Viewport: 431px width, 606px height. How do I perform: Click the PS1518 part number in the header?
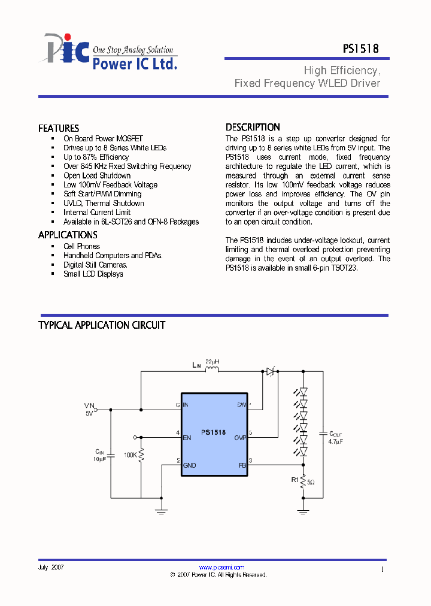tap(360, 50)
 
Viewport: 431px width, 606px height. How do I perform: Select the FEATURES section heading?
tap(59, 128)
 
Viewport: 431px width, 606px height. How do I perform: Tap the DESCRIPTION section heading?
tap(253, 127)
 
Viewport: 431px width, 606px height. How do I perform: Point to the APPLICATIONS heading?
tap(68, 235)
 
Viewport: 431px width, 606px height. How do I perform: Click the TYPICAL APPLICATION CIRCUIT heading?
tap(102, 325)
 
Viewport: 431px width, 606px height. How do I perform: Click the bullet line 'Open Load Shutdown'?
tap(97, 175)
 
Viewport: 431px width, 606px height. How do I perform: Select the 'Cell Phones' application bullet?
tap(81, 246)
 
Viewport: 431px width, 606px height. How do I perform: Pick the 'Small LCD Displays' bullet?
tap(93, 274)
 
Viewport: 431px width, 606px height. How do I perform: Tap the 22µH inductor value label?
tap(212, 362)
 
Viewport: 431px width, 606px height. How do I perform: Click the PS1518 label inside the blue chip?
tap(213, 432)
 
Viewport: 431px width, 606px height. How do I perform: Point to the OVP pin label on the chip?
tap(240, 438)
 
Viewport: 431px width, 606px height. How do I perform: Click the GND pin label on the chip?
tap(190, 465)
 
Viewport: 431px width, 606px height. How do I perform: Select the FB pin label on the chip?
tap(242, 465)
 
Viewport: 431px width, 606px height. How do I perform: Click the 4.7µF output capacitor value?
tap(336, 441)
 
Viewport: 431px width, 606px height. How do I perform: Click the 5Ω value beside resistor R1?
tap(311, 481)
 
